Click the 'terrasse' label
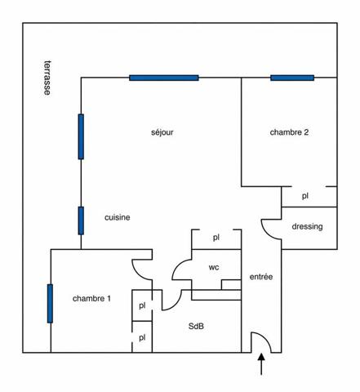click(47, 78)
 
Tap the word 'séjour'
click(162, 132)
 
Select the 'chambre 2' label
click(289, 132)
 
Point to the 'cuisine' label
click(118, 217)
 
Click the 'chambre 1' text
click(91, 299)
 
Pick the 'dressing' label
click(307, 226)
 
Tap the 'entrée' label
click(261, 277)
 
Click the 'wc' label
click(214, 267)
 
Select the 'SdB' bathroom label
click(196, 326)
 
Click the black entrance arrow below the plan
click(261, 364)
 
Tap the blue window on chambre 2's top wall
click(292, 78)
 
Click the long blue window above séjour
click(164, 78)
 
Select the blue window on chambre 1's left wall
click(50, 304)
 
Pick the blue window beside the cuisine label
click(81, 220)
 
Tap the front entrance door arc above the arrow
click(267, 339)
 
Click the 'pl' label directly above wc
click(216, 238)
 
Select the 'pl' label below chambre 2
click(305, 196)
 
